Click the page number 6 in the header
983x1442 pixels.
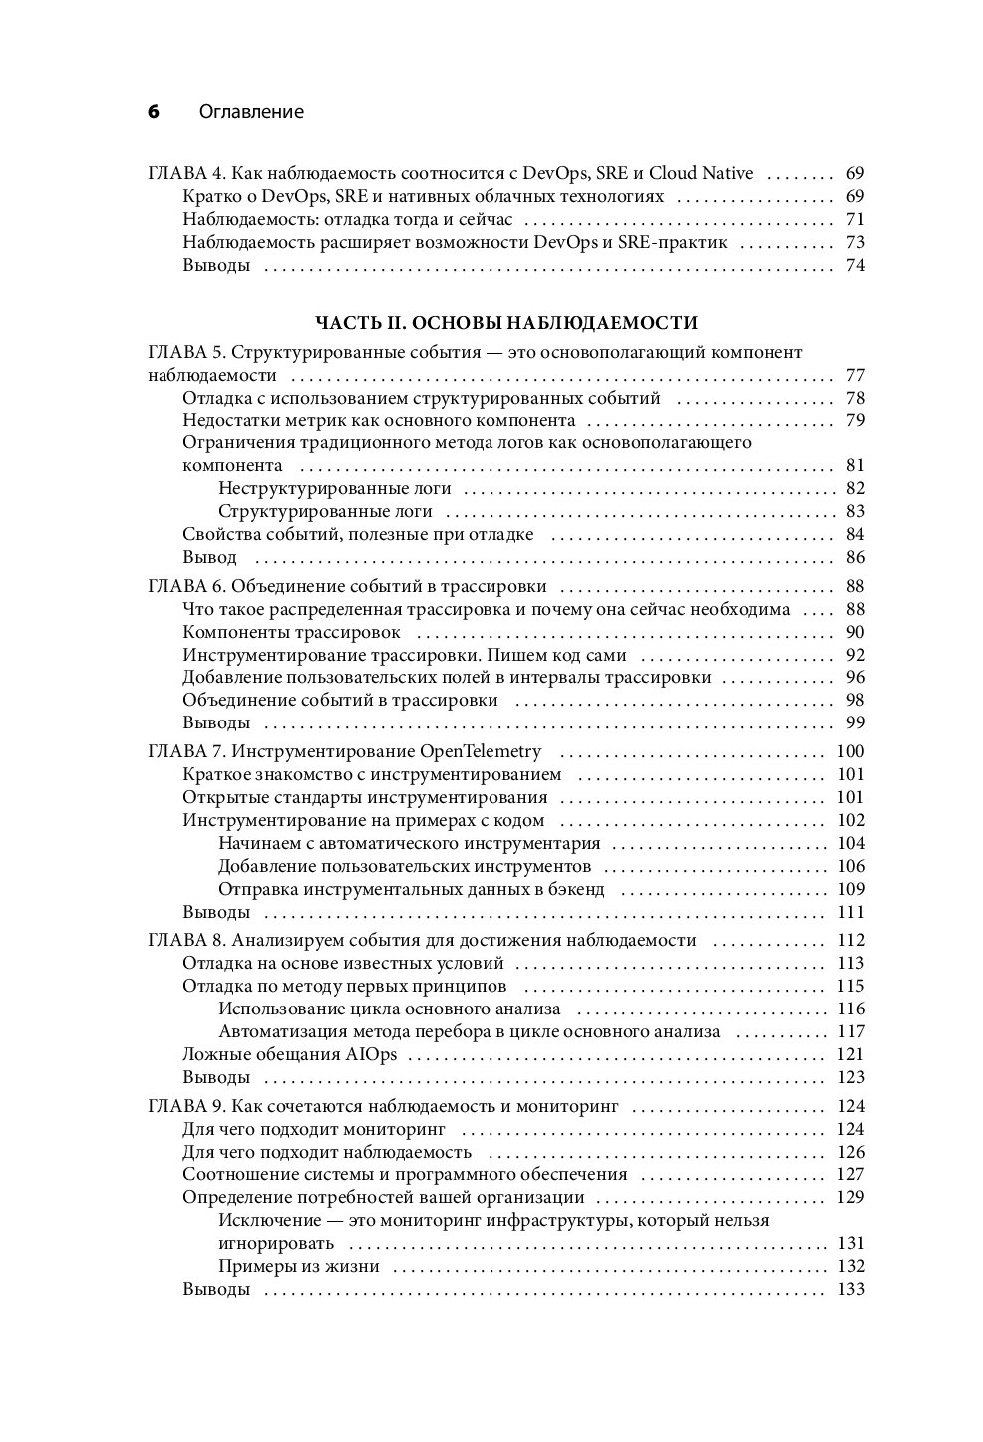(154, 112)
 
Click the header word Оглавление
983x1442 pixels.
(251, 112)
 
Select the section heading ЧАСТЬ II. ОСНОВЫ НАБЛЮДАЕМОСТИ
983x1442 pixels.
(506, 322)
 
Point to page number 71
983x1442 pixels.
(854, 219)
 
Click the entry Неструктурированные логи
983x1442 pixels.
(334, 488)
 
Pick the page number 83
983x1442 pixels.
(854, 511)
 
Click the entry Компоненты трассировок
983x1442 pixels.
(291, 632)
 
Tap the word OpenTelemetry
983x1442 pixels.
(482, 751)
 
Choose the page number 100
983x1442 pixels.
(850, 751)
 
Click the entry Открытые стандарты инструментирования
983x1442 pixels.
(365, 797)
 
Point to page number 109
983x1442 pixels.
(850, 889)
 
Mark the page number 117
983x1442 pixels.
(850, 1031)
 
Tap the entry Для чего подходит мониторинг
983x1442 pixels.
(313, 1129)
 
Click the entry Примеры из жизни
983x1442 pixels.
(298, 1266)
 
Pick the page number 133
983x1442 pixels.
(850, 1289)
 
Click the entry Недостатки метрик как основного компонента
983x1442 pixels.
(379, 420)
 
